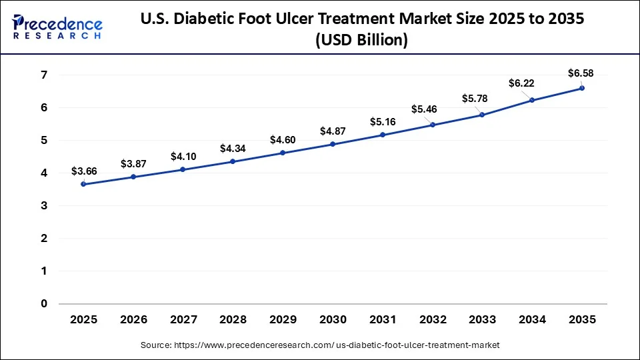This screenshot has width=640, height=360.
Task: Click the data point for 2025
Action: (x=83, y=184)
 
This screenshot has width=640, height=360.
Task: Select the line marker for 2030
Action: (x=333, y=144)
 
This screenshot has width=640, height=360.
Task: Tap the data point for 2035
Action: (x=582, y=88)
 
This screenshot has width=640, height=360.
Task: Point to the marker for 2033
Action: (x=482, y=115)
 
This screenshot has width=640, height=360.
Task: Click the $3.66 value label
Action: (x=84, y=171)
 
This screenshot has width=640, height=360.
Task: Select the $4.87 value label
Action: (x=333, y=131)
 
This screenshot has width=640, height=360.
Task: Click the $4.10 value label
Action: (x=183, y=157)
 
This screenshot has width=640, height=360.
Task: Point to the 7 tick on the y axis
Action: (x=44, y=75)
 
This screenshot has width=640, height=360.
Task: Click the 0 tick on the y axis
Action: (x=44, y=304)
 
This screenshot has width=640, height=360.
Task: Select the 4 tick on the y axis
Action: (x=44, y=173)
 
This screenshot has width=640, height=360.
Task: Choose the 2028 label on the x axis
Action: (x=233, y=320)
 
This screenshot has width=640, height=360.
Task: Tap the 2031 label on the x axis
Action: (x=383, y=320)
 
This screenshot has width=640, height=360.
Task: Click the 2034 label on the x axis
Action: (x=532, y=320)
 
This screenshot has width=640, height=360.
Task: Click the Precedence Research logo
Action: (x=57, y=27)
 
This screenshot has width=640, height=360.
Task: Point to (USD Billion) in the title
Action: (x=363, y=40)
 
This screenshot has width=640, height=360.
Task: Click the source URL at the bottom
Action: (x=320, y=345)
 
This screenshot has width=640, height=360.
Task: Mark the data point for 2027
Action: (x=183, y=169)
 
